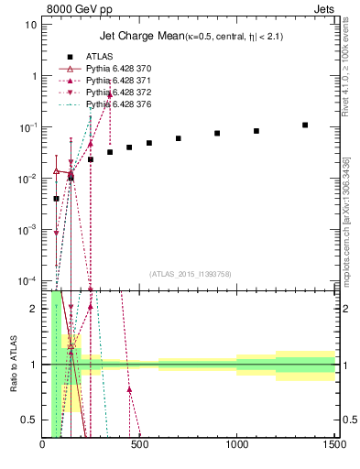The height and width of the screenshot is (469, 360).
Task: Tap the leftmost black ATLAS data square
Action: (x=56, y=198)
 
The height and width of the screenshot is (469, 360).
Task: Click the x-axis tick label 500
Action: (x=140, y=445)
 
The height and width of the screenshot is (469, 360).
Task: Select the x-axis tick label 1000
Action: (x=237, y=445)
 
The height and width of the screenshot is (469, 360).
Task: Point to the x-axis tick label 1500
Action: (x=334, y=445)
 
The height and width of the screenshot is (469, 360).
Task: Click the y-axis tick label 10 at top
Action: (x=31, y=24)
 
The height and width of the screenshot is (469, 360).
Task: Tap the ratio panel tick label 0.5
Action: (x=28, y=420)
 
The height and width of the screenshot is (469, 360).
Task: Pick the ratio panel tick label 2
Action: (x=33, y=309)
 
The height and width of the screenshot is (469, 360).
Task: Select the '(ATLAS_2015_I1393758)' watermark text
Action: (x=190, y=274)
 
